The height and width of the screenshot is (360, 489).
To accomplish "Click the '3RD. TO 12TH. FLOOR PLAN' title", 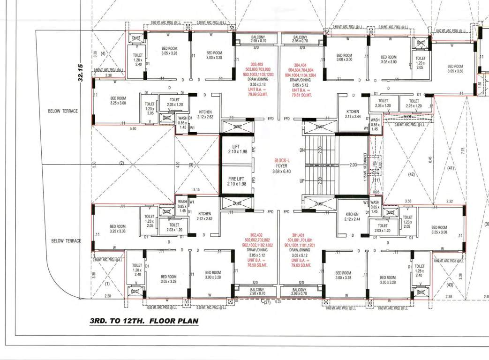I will [x=144, y=322].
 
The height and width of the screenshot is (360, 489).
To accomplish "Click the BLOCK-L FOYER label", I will [x=282, y=165].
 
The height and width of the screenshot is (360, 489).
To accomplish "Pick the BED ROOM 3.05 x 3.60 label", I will [x=455, y=68].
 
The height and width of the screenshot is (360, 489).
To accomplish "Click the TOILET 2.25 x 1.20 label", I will [x=414, y=103].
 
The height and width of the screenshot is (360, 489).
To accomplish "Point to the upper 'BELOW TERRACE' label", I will [x=63, y=111].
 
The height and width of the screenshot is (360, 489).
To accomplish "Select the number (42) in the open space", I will [x=412, y=174].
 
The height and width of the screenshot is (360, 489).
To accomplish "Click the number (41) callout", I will [x=451, y=168].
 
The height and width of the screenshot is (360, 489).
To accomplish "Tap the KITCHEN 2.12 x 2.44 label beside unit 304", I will [x=352, y=114].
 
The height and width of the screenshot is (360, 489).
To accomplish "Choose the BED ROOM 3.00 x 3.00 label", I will [x=344, y=57].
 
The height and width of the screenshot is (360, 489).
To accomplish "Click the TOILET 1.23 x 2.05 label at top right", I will [x=420, y=63].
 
